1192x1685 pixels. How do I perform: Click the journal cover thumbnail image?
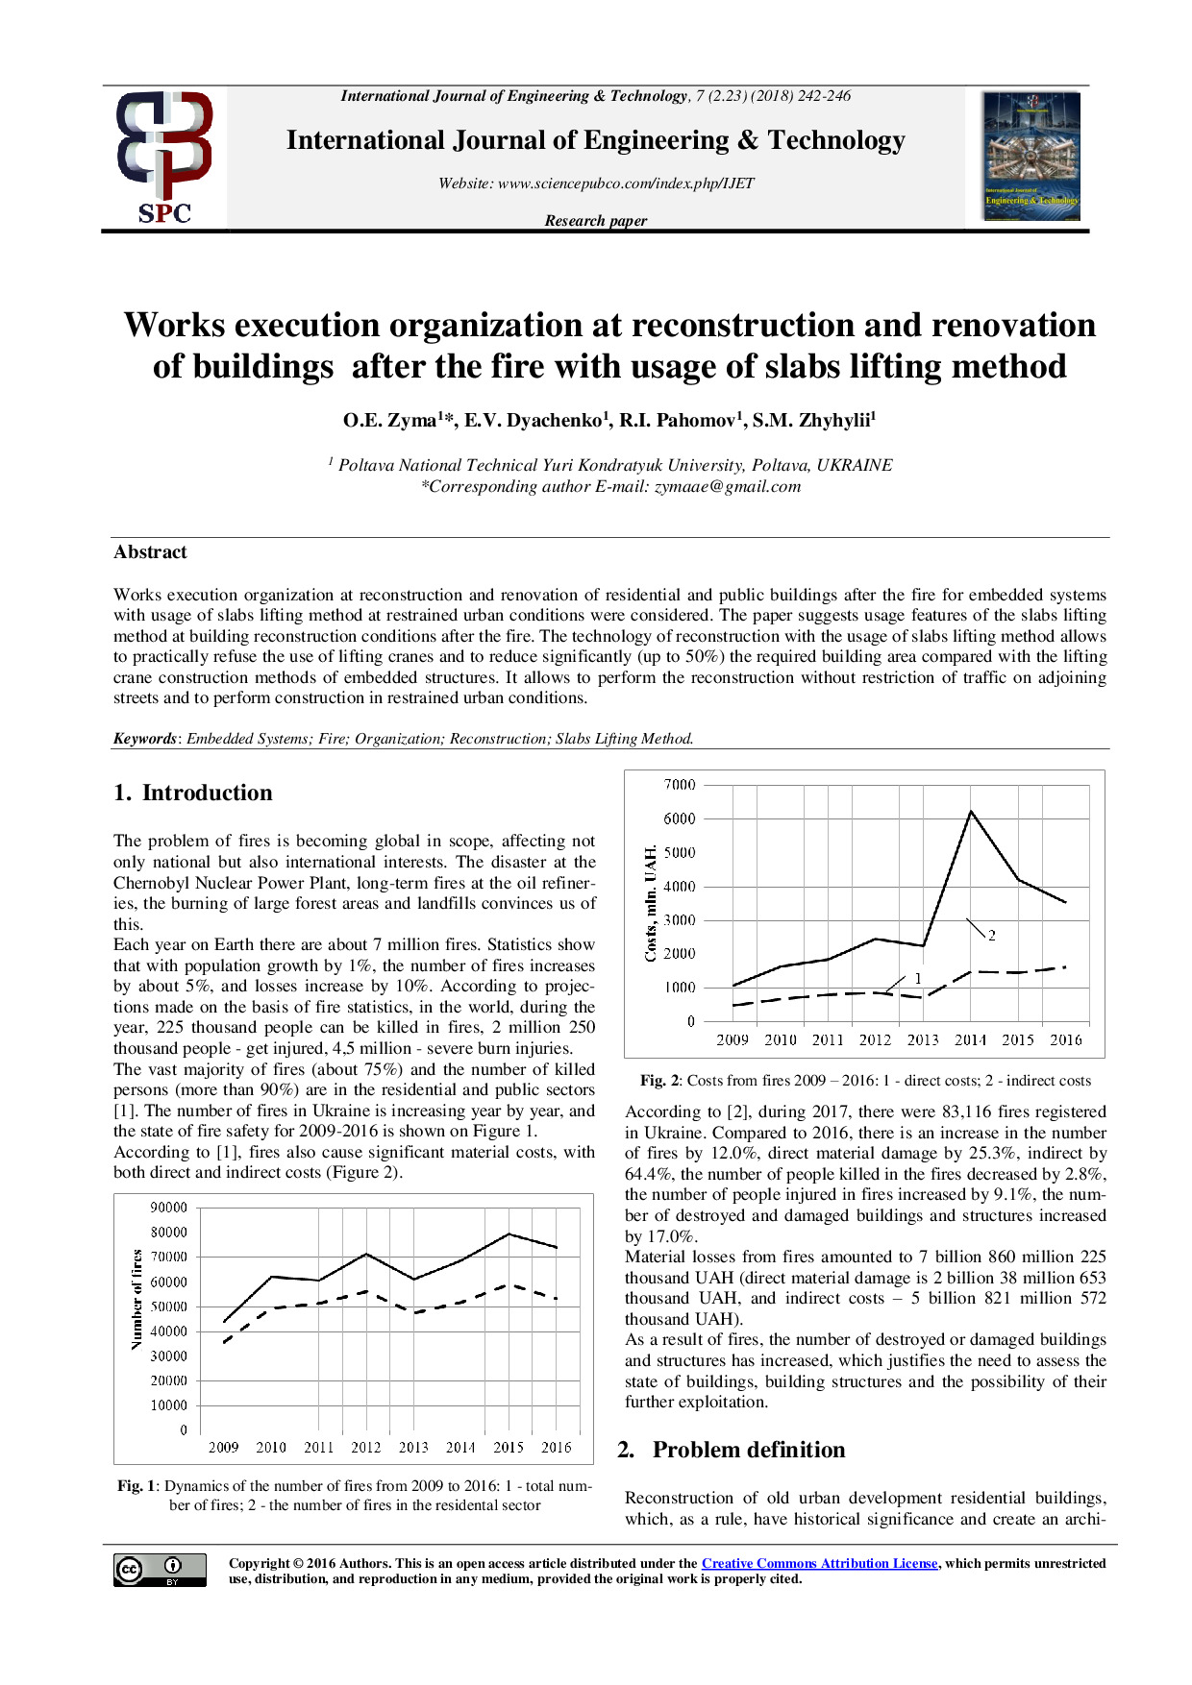pos(1031,156)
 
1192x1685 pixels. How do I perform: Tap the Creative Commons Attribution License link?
pos(819,1563)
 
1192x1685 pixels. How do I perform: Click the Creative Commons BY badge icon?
pos(160,1570)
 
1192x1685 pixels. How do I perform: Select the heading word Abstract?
pos(150,552)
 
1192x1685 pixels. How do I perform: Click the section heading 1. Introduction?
pos(193,793)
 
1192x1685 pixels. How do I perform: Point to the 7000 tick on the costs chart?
pos(680,785)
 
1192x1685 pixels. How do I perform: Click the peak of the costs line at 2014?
pos(971,812)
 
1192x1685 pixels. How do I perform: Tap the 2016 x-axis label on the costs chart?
pos(1065,1039)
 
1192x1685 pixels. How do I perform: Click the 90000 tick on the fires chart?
pos(169,1208)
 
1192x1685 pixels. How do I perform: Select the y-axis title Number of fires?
pos(137,1299)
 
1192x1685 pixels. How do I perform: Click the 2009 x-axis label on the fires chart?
pos(224,1447)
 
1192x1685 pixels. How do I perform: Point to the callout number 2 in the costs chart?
pos(991,935)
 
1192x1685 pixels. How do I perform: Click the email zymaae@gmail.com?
pos(728,486)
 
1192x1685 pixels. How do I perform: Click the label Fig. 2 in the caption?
pos(659,1081)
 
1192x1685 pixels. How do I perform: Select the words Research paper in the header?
pos(595,221)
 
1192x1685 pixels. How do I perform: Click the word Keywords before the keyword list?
pos(145,739)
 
